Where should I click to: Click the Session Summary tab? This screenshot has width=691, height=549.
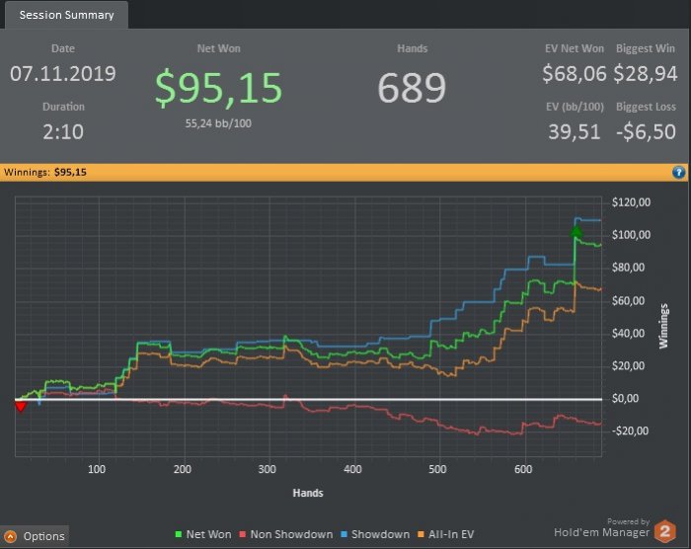click(x=66, y=15)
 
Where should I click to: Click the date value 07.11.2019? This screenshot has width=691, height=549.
click(x=63, y=74)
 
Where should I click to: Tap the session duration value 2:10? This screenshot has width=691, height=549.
click(x=63, y=131)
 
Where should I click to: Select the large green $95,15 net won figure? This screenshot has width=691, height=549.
click(x=219, y=88)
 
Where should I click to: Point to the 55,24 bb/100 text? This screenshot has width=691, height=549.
click(x=219, y=123)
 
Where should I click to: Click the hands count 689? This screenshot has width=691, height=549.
click(x=412, y=88)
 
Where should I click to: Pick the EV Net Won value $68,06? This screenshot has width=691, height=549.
click(x=573, y=74)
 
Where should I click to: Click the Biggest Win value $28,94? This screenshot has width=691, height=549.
click(x=646, y=74)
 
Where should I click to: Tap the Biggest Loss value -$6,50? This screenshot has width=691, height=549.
click(x=646, y=131)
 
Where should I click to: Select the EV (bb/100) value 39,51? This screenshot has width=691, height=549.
click(x=573, y=131)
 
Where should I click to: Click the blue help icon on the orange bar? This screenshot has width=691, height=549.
click(x=678, y=172)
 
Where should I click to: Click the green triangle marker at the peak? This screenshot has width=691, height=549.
click(x=576, y=232)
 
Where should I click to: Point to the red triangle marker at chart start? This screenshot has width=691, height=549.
click(x=20, y=405)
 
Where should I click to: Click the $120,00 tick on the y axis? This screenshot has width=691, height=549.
click(x=632, y=202)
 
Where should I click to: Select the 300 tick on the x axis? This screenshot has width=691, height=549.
click(x=268, y=469)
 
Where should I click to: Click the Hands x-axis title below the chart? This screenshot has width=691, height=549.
click(x=308, y=492)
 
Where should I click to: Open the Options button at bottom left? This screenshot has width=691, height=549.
click(x=36, y=536)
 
